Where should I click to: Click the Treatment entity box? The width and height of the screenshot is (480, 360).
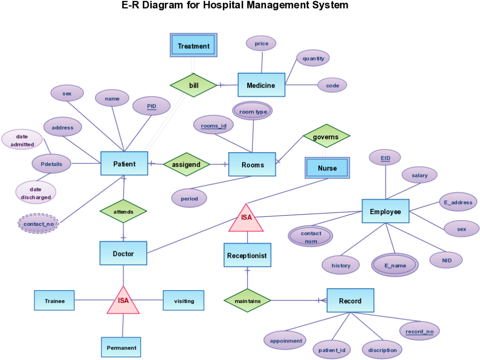[193, 46]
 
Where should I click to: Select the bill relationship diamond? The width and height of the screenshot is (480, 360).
[193, 85]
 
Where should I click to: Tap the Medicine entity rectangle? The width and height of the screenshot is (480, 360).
[261, 85]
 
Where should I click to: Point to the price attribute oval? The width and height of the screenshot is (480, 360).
[261, 44]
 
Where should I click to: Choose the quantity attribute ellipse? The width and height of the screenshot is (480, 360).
[313, 58]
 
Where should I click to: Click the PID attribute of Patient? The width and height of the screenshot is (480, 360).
[151, 106]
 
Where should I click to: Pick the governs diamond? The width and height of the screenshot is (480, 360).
[326, 137]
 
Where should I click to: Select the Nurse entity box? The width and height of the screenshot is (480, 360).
[327, 168]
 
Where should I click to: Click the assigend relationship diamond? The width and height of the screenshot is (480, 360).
[186, 164]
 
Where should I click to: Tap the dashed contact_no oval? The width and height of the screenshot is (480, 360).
[38, 224]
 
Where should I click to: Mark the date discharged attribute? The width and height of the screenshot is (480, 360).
[36, 193]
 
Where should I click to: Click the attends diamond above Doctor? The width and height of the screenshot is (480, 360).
[123, 212]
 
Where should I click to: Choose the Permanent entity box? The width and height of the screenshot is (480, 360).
[121, 348]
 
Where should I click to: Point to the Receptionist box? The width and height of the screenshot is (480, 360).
[247, 256]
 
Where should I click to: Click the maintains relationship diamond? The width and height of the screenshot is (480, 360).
[247, 300]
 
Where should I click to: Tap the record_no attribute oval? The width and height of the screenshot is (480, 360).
[419, 331]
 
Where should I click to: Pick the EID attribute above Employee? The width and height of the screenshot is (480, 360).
[385, 158]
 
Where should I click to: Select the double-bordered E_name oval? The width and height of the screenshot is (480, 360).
[395, 265]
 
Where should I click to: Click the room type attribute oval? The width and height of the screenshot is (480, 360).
[253, 112]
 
